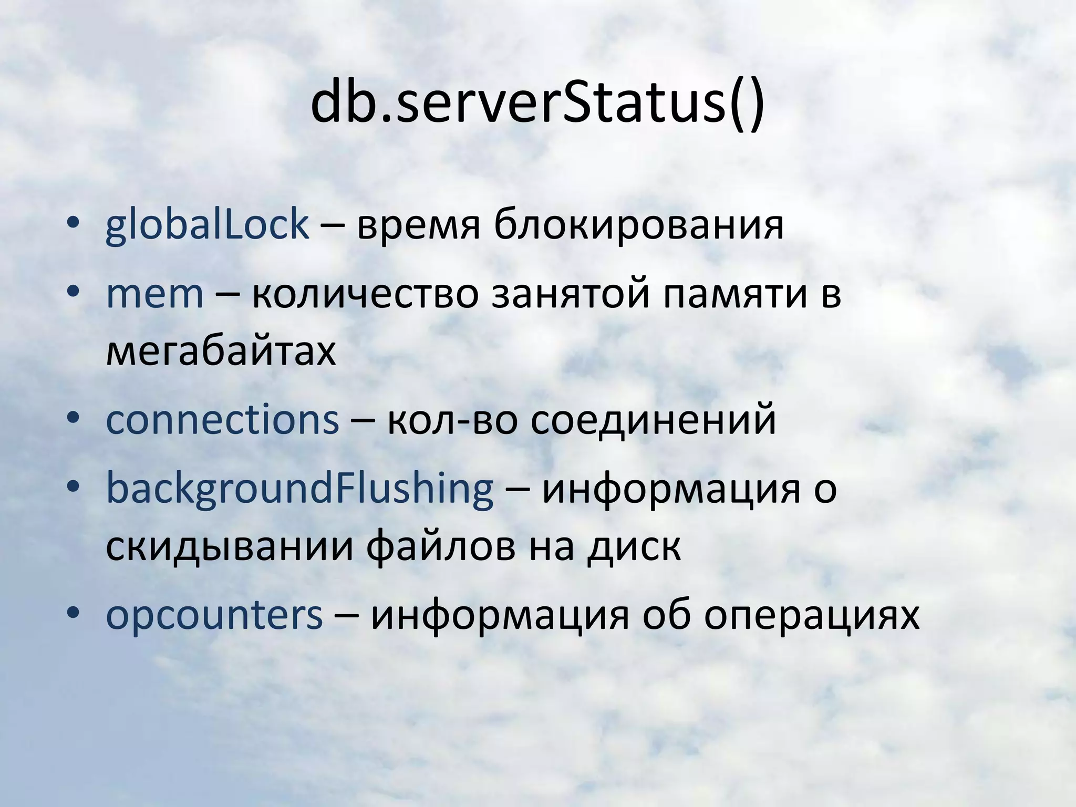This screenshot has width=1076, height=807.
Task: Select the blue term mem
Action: point(154,294)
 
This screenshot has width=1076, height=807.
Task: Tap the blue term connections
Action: point(222,420)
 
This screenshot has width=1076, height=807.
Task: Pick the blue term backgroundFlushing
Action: point(299,490)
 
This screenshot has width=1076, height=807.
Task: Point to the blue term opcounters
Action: point(214,615)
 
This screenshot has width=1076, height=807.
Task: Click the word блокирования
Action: point(638,225)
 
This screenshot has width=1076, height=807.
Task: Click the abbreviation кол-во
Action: point(452,420)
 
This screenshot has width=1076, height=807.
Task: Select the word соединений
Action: point(653,420)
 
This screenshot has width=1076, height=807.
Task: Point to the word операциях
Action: point(812,615)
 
